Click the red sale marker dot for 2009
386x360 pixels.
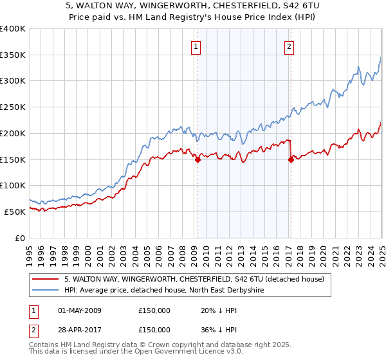click(x=198, y=160)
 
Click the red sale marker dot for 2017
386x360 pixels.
click(x=291, y=160)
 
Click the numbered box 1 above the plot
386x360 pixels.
click(x=194, y=46)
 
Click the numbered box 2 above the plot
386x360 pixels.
click(x=289, y=46)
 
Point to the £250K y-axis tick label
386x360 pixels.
click(x=13, y=107)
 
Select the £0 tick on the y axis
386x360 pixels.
click(x=21, y=237)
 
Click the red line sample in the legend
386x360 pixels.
click(x=45, y=279)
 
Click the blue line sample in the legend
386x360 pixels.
click(x=45, y=291)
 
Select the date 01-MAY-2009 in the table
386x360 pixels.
click(x=79, y=310)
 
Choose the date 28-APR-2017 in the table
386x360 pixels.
click(x=79, y=329)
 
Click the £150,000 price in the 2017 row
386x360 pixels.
click(x=154, y=329)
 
